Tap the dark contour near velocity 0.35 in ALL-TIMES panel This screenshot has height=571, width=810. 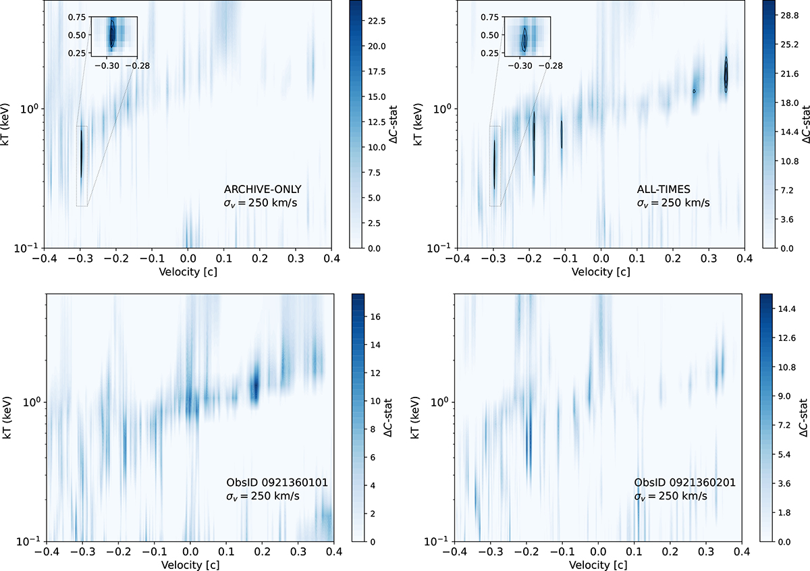coord(726,74)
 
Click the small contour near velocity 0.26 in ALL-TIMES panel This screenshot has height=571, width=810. coord(694,91)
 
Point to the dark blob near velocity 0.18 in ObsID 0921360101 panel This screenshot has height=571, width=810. coord(255,387)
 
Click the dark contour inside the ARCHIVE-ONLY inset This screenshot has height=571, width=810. coord(113,33)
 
